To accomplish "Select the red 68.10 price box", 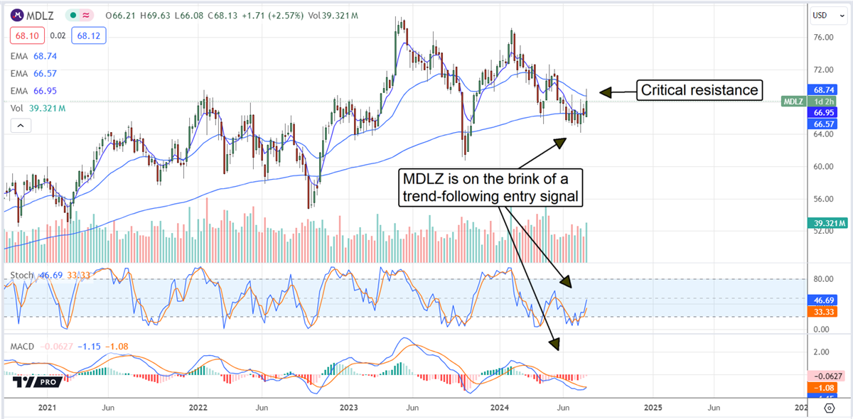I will point(28,35).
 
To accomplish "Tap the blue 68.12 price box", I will point(87,35).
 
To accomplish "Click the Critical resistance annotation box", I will point(699,90).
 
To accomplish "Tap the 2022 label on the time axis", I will point(198,408).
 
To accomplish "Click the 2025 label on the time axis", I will point(653,408).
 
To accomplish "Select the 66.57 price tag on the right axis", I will point(822,124).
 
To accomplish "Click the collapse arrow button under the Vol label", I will point(19,126).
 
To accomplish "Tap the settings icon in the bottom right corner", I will point(829,408).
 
